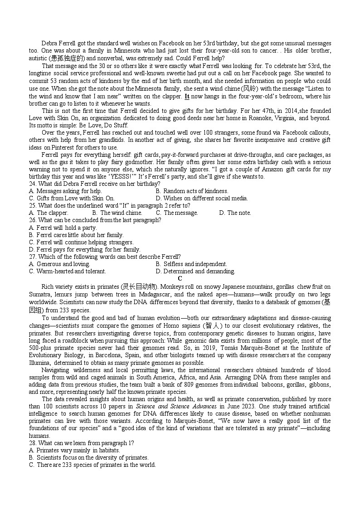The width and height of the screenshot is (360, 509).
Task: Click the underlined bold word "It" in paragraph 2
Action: (x=187, y=96)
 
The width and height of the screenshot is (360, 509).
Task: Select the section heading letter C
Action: (x=180, y=278)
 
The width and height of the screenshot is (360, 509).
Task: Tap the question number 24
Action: (x=32, y=184)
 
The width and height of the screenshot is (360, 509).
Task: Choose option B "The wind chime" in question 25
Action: (x=117, y=213)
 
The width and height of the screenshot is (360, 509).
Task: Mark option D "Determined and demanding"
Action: (x=195, y=271)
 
